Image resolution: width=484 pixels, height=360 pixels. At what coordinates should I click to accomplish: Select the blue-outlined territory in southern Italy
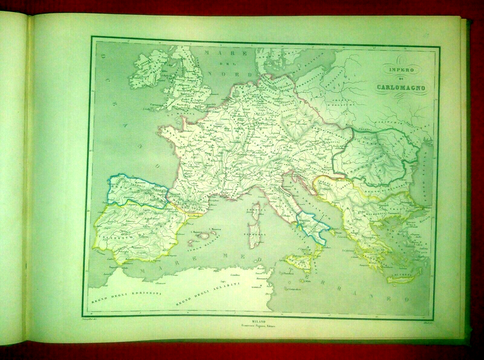pyautogui.click(x=311, y=226)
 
